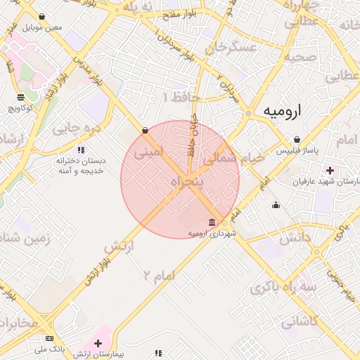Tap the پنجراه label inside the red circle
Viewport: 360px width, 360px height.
tap(187, 182)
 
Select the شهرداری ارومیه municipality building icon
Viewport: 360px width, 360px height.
tap(212, 223)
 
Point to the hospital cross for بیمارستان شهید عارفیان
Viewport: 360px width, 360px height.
tap(330, 170)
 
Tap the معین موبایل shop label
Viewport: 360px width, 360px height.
tap(44, 27)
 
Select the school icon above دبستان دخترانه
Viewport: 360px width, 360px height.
tap(82, 150)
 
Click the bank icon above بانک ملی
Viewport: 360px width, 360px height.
tap(49, 337)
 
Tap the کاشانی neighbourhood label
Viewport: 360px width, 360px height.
tap(300, 321)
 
